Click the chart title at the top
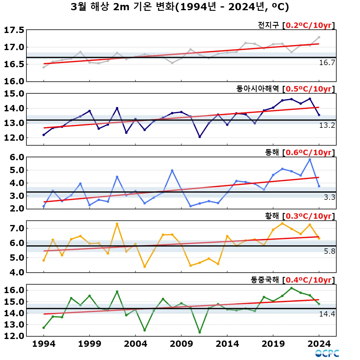(x=180, y=7)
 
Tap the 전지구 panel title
(x=268, y=25)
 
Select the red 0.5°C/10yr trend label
(x=308, y=89)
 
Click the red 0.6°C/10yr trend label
(x=308, y=152)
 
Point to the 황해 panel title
(x=272, y=216)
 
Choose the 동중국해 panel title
(x=265, y=280)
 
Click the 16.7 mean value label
(x=327, y=62)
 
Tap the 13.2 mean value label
(x=327, y=125)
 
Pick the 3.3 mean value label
(x=329, y=197)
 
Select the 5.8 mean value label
(x=329, y=251)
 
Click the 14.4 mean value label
(x=327, y=314)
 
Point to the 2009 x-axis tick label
(x=181, y=344)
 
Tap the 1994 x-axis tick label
(x=44, y=344)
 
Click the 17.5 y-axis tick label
(x=14, y=30)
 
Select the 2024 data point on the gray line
(x=319, y=37)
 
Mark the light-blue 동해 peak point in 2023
(x=310, y=160)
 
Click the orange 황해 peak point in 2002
(x=117, y=224)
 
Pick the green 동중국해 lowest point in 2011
(x=200, y=332)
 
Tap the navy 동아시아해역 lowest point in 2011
(x=200, y=137)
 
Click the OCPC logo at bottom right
(x=327, y=353)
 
